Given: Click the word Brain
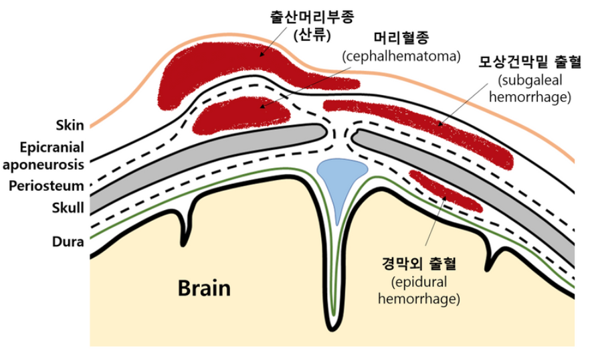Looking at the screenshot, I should [204, 288].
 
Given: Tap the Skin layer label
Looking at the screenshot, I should [70, 124].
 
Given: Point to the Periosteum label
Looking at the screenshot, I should [46, 185].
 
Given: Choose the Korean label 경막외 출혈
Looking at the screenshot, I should [419, 260].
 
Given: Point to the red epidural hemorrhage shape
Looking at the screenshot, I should [445, 190].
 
